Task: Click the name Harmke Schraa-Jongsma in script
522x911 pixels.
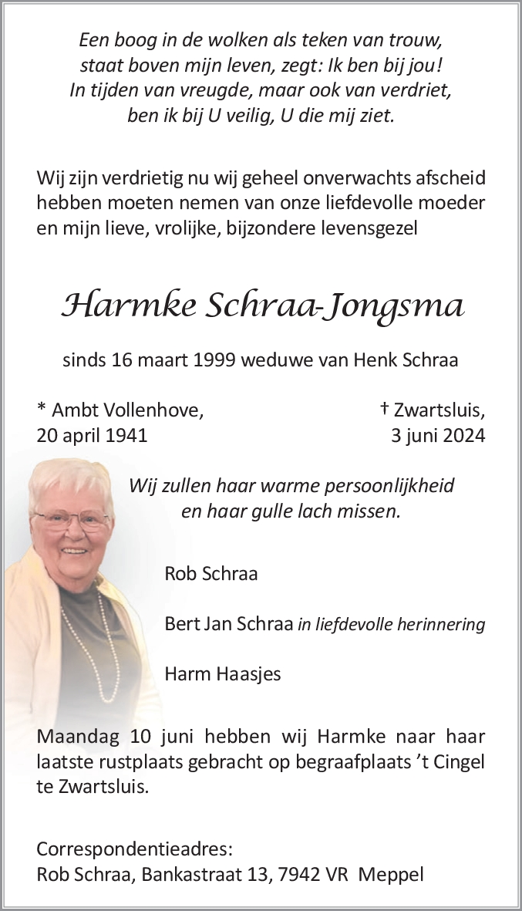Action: click(x=262, y=308)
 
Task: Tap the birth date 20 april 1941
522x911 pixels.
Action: click(x=92, y=435)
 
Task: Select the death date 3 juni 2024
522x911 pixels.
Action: click(x=438, y=435)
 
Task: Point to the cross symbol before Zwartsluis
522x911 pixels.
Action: click(x=385, y=409)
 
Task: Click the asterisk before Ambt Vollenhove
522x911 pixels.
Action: click(x=41, y=409)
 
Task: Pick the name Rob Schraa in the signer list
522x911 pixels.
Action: click(x=211, y=573)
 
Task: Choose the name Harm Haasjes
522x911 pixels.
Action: click(x=223, y=674)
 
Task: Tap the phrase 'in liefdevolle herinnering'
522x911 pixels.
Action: click(x=391, y=624)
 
